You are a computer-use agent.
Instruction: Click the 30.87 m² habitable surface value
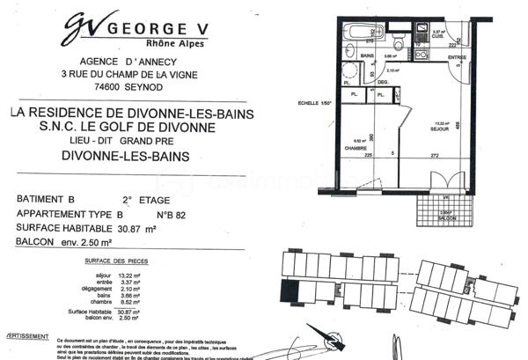136,228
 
